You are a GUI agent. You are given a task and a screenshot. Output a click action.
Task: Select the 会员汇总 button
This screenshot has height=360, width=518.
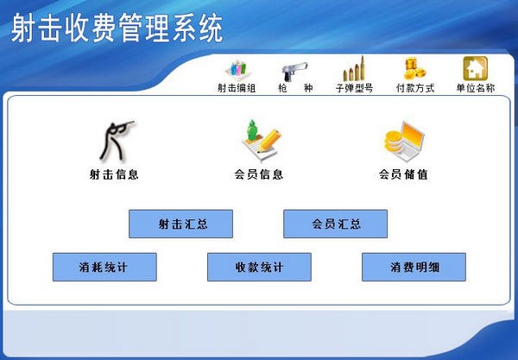336,224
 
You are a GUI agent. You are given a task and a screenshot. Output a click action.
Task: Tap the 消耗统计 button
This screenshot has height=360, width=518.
104,268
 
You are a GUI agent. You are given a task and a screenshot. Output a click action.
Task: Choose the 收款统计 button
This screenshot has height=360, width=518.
259,268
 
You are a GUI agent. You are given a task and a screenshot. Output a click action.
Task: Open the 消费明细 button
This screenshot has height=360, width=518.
414,268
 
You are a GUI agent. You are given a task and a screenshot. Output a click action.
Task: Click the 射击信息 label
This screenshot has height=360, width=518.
114,174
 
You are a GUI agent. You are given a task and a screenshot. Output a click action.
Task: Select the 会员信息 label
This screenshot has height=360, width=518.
259,174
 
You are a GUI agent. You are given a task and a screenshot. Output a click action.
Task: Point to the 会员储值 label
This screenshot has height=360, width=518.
403,174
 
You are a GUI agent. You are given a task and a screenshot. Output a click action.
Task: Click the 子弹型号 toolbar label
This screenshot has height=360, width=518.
354,88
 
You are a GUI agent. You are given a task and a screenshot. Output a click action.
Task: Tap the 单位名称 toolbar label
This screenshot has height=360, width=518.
475,88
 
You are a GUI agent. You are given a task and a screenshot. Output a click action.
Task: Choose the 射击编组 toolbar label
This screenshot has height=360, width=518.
236,88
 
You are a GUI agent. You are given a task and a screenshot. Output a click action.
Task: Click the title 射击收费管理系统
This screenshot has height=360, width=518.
117,28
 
